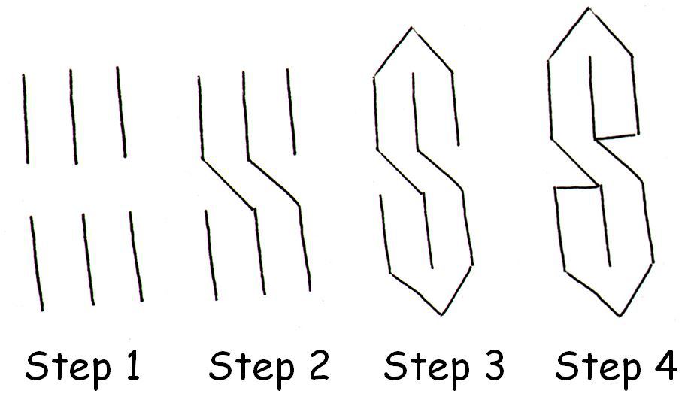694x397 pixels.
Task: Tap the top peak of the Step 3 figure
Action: point(412,29)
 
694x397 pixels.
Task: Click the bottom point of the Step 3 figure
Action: point(441,315)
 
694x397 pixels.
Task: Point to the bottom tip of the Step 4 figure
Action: point(620,316)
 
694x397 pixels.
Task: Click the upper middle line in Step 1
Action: point(74,117)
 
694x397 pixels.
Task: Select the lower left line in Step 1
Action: point(36,263)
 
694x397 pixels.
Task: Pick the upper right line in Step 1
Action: point(121,111)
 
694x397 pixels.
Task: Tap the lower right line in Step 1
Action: point(136,256)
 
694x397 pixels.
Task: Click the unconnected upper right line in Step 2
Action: point(291,111)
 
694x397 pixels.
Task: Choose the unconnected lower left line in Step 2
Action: point(211,255)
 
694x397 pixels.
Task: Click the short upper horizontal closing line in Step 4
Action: point(617,136)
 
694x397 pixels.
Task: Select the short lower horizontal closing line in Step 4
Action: point(577,188)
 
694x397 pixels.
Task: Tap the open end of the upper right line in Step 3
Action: point(458,144)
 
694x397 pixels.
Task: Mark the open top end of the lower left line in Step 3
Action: point(380,195)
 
